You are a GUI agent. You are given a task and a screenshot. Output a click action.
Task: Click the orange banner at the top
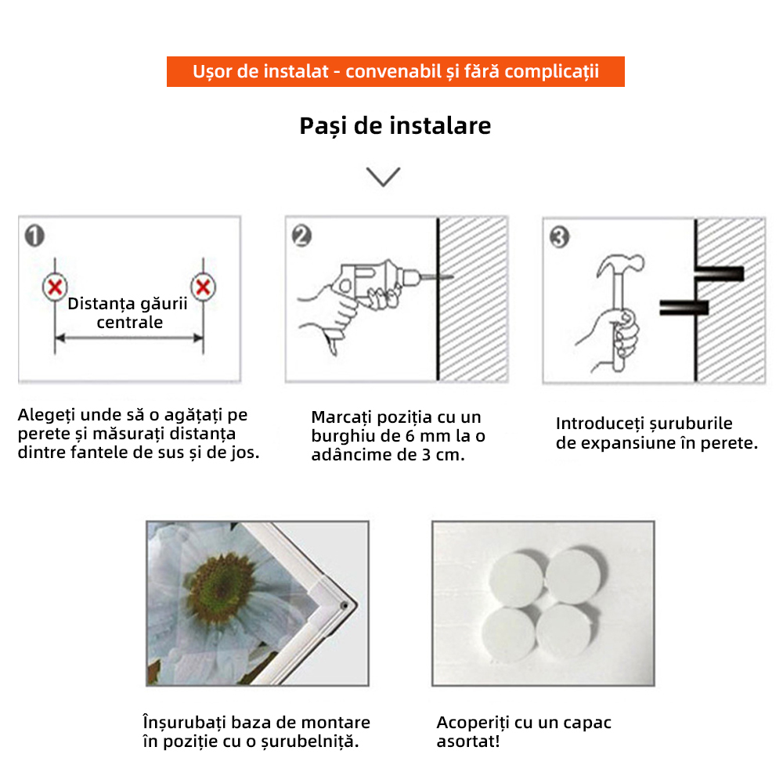pos(395,71)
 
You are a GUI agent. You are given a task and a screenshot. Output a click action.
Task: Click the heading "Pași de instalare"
pos(395,125)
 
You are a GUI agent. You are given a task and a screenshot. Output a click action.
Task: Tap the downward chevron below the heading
pos(384,176)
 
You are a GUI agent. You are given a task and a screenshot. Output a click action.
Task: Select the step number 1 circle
pos(34,236)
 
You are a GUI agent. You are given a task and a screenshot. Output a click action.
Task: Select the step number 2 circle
pos(301,236)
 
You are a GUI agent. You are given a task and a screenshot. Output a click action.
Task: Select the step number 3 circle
pos(559,237)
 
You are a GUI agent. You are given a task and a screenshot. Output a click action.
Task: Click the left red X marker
pos(54,287)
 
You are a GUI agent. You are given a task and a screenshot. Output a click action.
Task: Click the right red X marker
pos(203,287)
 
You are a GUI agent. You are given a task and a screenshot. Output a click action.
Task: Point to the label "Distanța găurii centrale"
pos(128,312)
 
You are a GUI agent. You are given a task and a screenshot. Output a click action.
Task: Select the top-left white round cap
pos(513,578)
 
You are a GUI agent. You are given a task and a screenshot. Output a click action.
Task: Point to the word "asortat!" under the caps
pos(467,741)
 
